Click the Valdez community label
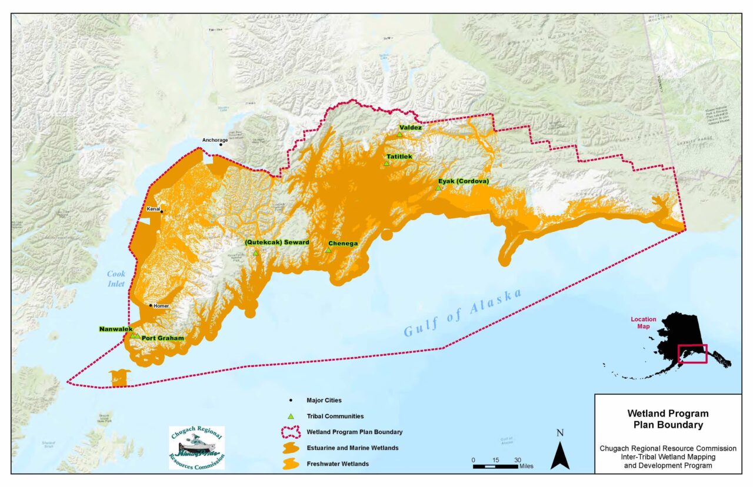pos(410,127)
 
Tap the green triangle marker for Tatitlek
pos(387,164)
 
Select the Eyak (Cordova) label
pos(464,182)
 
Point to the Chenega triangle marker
pos(328,250)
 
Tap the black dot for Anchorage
pos(221,144)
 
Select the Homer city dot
pos(151,306)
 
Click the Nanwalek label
pos(115,329)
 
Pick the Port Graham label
pos(162,338)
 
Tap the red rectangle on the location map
pos(692,354)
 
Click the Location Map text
pos(644,323)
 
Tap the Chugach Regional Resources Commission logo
pos(196,448)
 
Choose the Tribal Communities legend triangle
pos(291,416)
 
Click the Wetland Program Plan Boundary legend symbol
pos(291,432)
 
